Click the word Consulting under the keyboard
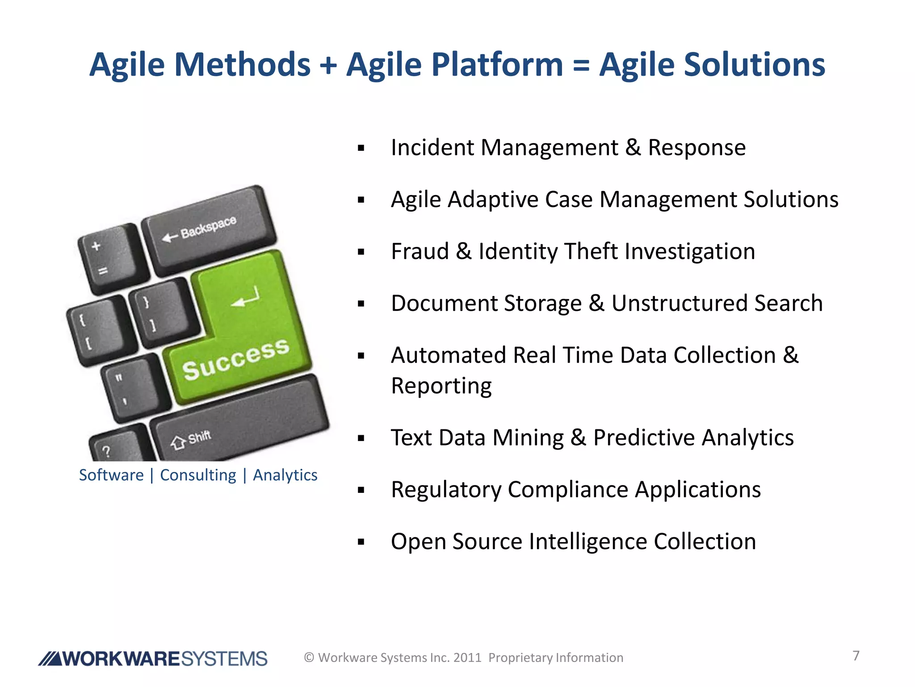tap(198, 475)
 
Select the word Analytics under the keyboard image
tap(285, 475)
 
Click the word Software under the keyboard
tap(111, 475)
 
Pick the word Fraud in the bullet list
tap(420, 251)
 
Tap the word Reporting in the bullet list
tap(441, 386)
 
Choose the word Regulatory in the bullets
tap(445, 490)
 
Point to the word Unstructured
tap(679, 303)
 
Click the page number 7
tap(856, 656)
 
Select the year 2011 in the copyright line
tap(467, 658)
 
